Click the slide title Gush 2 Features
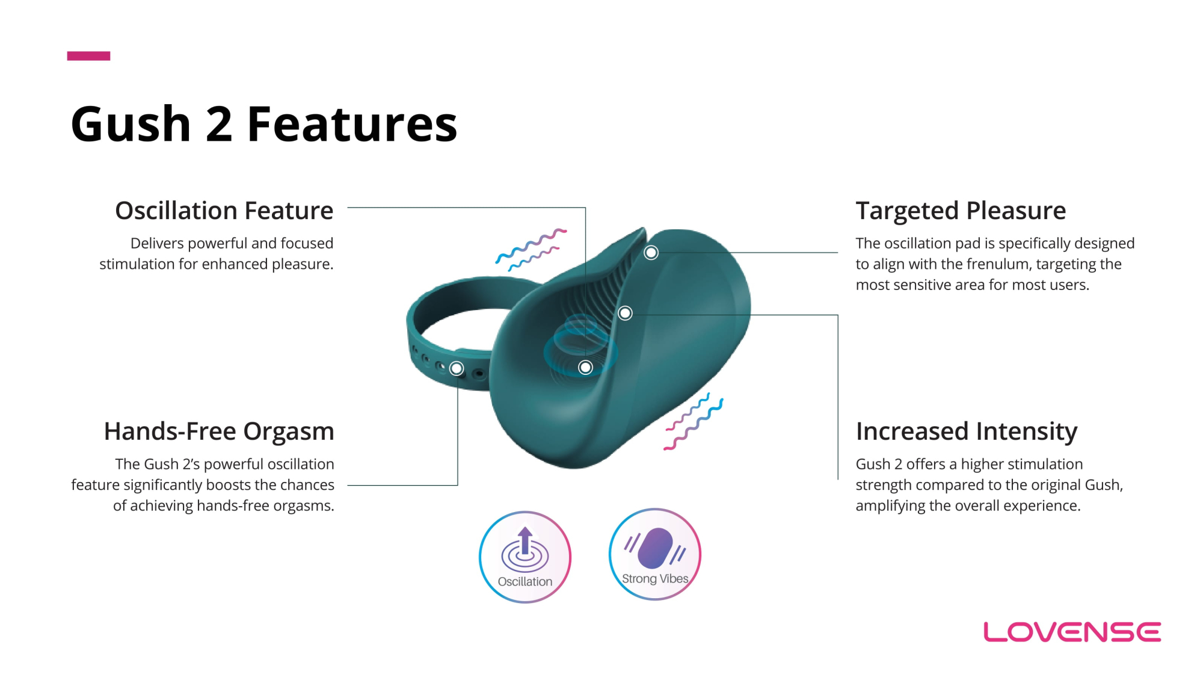tap(264, 124)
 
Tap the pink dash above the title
tap(88, 56)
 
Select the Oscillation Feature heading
tap(224, 211)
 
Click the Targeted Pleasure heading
tap(961, 211)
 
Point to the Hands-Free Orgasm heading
tap(219, 431)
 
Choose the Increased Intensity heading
tap(967, 431)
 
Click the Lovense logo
tap(1072, 632)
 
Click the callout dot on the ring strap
tap(457, 368)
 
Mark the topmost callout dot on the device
tap(651, 253)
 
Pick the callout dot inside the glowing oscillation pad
tap(585, 367)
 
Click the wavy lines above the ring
tap(531, 249)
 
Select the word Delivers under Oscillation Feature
tap(157, 243)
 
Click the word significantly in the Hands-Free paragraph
tap(163, 485)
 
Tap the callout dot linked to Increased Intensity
tap(625, 313)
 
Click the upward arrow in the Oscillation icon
tap(525, 540)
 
